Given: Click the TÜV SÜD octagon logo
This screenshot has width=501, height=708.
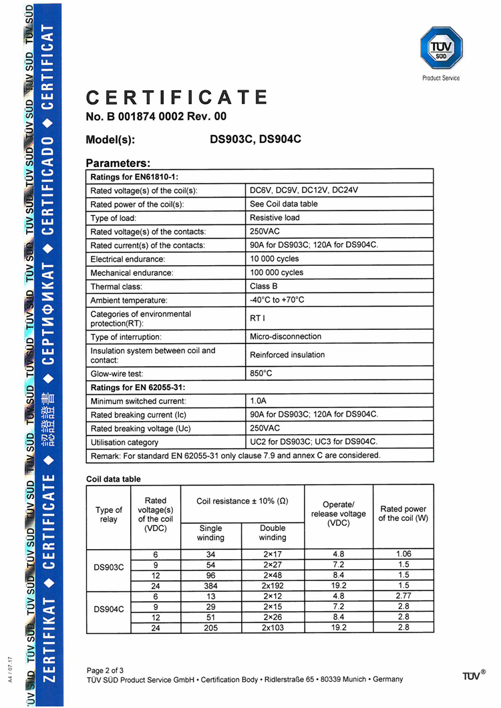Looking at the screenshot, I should tap(441, 49).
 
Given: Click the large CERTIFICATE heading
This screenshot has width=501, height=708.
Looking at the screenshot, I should tap(177, 98).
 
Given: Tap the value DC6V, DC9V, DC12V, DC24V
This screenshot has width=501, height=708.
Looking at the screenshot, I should tap(305, 190).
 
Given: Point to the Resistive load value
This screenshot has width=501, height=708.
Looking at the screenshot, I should tap(275, 218).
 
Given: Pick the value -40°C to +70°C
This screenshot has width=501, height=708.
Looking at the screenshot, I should tap(277, 300).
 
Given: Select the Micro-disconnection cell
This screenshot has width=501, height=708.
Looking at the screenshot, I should tap(285, 337).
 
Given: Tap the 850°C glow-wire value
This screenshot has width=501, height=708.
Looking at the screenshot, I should tap(261, 373).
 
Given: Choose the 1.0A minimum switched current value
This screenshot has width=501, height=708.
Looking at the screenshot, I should tap(258, 401).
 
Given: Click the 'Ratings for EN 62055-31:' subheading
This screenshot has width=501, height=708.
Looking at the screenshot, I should tap(138, 387).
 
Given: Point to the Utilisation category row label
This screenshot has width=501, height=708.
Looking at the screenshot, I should tap(124, 442).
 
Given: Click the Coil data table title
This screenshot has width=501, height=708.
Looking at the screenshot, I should tap(114, 479).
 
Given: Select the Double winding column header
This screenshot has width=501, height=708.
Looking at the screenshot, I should tap(273, 532).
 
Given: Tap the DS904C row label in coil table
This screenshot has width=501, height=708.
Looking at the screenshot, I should tap(108, 609).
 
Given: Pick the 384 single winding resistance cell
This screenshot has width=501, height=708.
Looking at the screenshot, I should tap(211, 584).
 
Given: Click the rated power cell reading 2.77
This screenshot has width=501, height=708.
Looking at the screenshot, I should tap(403, 595).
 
